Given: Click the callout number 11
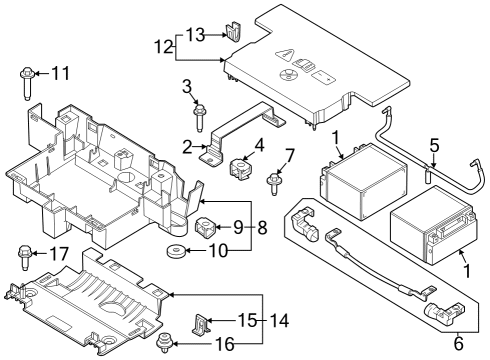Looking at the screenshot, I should click(61, 73).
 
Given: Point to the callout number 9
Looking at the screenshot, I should click(238, 227).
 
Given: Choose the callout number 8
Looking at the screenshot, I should click(262, 227).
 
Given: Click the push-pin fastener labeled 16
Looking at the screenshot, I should click(162, 346).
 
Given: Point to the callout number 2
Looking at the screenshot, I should click(186, 146).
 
